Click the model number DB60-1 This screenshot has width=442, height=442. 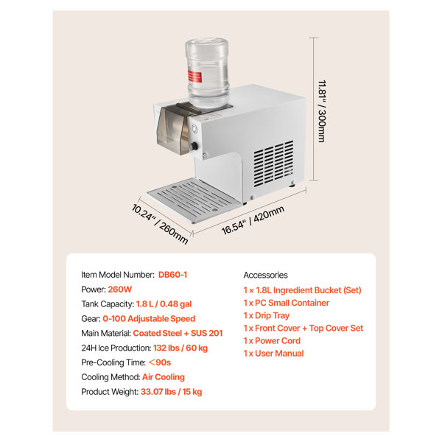point(172,275)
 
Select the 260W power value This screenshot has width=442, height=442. point(120,290)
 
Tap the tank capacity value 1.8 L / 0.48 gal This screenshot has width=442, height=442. point(164,304)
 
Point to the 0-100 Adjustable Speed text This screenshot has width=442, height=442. point(149,318)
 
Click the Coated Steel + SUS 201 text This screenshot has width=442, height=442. point(178,333)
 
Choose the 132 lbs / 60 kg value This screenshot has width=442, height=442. point(180,348)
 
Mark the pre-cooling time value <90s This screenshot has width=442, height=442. point(160,362)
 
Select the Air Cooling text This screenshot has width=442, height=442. point(164,377)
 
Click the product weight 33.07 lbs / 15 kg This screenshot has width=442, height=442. point(172,392)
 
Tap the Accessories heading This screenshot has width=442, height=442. point(265,275)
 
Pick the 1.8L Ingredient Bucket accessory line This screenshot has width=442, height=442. point(303,290)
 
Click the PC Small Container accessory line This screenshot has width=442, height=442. point(287,303)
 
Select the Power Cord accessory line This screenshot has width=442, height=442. point(272,341)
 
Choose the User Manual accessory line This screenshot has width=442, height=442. point(274,354)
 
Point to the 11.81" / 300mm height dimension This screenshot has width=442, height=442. point(322,111)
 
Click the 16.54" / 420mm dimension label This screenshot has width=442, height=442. point(253,220)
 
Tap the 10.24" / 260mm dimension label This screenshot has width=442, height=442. point(160,224)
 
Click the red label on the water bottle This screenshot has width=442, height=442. point(194,77)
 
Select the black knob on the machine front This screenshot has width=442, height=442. point(194,147)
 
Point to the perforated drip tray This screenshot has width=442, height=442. point(194,200)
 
